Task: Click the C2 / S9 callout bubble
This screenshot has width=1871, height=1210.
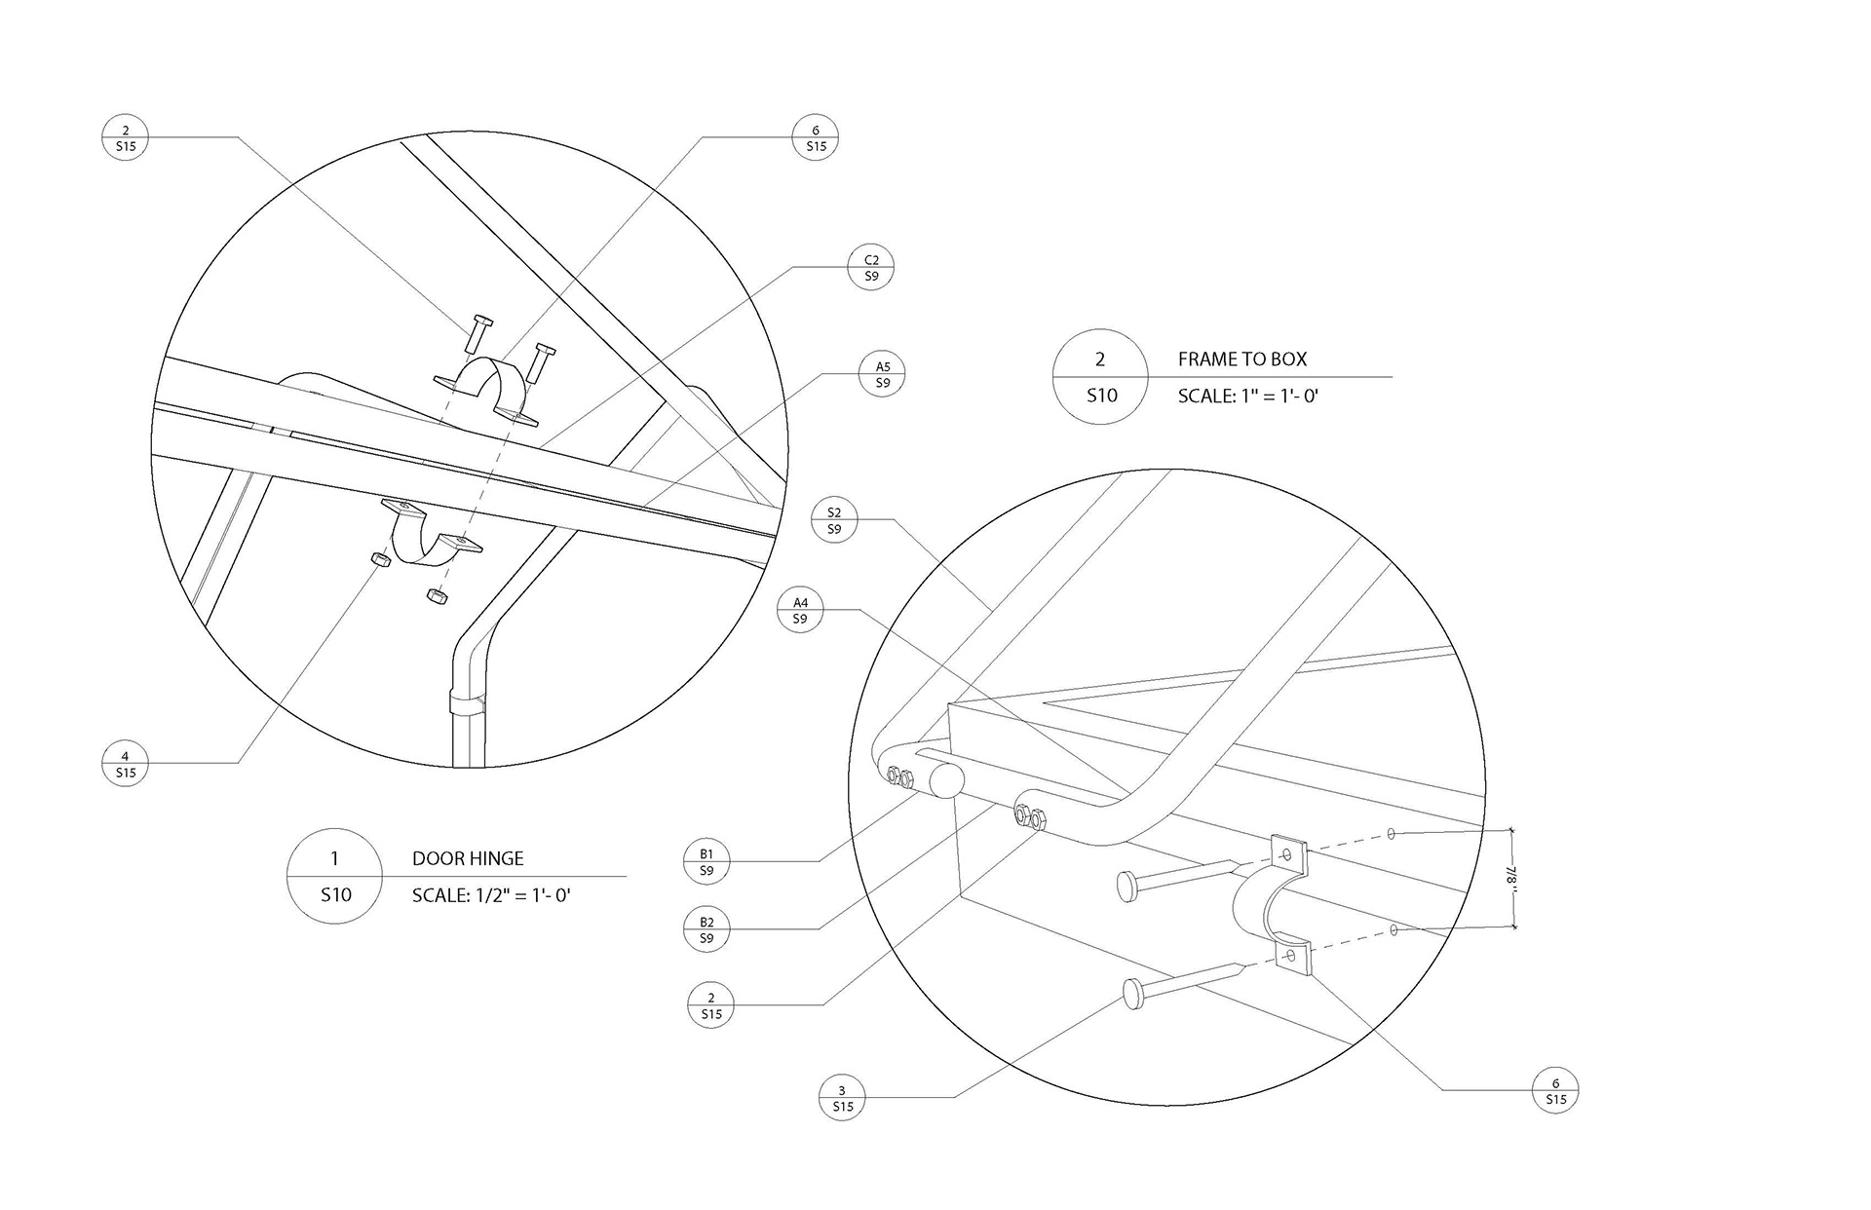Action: pos(871,268)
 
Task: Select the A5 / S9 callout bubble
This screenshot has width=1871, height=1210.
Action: pos(883,375)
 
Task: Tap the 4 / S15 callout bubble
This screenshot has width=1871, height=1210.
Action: pos(125,764)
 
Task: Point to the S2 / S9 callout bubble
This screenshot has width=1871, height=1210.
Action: pos(834,520)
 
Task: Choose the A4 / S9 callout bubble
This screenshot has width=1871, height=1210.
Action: pos(800,611)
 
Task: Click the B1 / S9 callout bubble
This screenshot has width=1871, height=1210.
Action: pos(706,862)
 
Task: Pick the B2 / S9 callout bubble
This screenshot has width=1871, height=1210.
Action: pos(706,930)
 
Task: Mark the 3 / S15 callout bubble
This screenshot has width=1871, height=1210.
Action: pos(843,1098)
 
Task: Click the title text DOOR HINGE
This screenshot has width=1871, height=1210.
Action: pos(468,858)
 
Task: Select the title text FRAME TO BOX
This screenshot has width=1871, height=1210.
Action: pos(1242,359)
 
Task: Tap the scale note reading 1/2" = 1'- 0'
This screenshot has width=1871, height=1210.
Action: pos(491,894)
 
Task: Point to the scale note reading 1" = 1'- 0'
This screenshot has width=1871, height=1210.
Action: pos(1248,396)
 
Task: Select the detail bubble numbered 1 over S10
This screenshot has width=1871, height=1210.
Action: pos(334,876)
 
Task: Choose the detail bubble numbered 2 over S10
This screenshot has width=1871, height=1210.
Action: pos(1100,376)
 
